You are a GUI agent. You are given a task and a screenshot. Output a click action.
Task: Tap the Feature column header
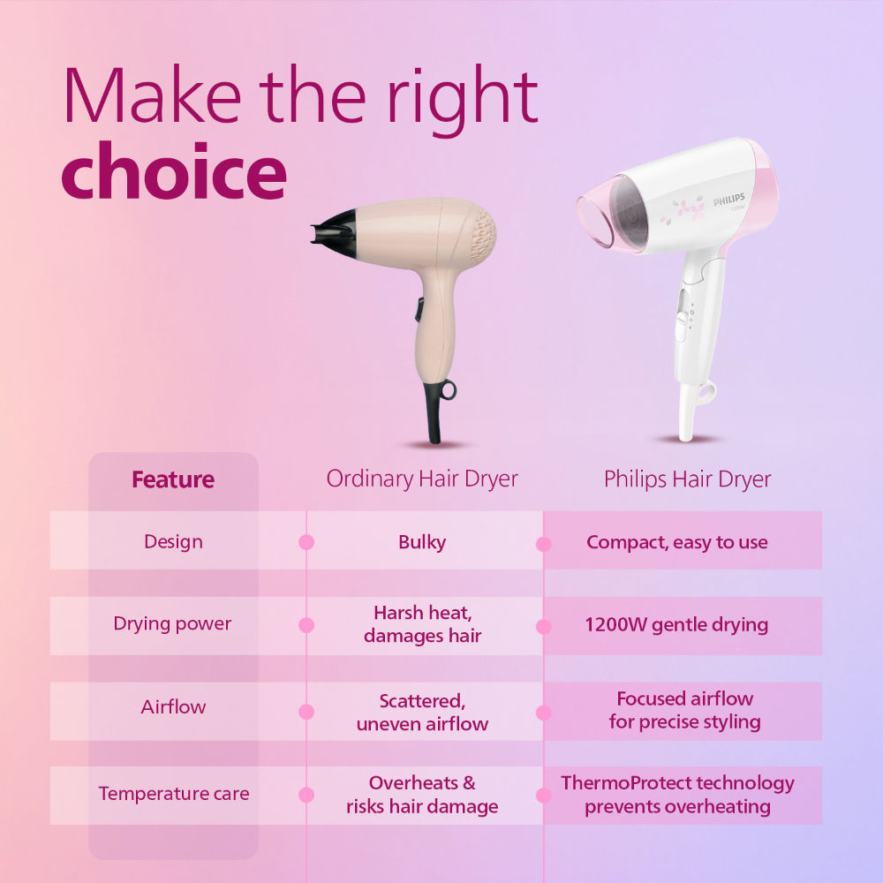pyautogui.click(x=173, y=479)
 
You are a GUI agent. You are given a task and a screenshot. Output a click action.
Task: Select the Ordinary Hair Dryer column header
pyautogui.click(x=422, y=479)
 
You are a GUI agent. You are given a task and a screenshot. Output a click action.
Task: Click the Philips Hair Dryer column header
pyautogui.click(x=687, y=479)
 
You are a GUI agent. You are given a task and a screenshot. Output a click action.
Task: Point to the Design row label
pyautogui.click(x=173, y=541)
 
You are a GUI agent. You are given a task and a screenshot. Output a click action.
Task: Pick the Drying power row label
pyautogui.click(x=172, y=623)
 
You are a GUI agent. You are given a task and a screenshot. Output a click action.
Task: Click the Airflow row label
pyautogui.click(x=173, y=706)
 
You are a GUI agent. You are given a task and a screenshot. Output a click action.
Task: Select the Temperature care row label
pyautogui.click(x=174, y=793)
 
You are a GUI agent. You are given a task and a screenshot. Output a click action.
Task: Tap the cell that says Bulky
pyautogui.click(x=422, y=541)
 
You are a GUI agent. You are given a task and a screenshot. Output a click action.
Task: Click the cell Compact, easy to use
pyautogui.click(x=677, y=541)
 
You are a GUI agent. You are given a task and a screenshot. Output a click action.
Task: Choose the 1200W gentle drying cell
pyautogui.click(x=676, y=624)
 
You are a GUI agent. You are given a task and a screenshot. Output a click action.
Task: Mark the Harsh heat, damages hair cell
pyautogui.click(x=422, y=623)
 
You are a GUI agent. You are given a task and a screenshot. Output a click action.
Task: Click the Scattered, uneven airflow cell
pyautogui.click(x=422, y=712)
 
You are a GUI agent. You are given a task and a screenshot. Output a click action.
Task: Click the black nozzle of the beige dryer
pyautogui.click(x=330, y=227)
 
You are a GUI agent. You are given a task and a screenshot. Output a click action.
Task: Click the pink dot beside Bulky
pyautogui.click(x=306, y=542)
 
